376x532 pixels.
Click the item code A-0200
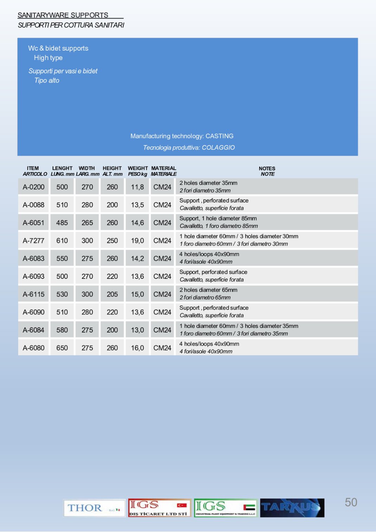tap(33, 187)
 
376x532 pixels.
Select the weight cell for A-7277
tap(137, 241)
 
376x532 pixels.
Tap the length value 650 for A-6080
tap(62, 348)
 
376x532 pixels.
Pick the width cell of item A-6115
tap(87, 294)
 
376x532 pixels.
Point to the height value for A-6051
tap(112, 223)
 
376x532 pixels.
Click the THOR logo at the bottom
tap(94, 508)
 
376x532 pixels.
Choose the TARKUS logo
tap(292, 508)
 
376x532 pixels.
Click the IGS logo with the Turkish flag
tap(160, 508)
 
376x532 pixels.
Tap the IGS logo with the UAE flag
tap(225, 508)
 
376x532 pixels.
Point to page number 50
tap(351, 502)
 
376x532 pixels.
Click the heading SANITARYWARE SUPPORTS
tap(63, 15)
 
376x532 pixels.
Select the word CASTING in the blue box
tap(219, 136)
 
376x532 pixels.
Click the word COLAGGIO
tap(218, 147)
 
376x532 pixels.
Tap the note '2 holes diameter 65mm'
tap(208, 290)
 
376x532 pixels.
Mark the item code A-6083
tap(33, 258)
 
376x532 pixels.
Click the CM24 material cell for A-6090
tap(162, 312)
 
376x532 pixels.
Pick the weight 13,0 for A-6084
tap(137, 330)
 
